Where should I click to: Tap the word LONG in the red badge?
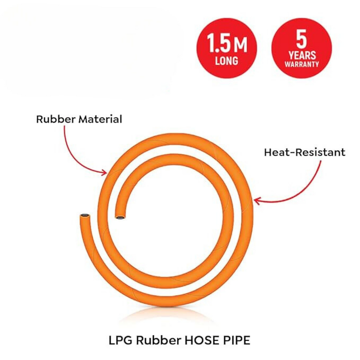click(x=226, y=61)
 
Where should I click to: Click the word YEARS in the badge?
click(x=302, y=55)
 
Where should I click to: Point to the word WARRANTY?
click(x=302, y=64)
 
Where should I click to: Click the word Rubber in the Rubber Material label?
click(x=55, y=119)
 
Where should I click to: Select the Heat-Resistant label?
click(x=305, y=152)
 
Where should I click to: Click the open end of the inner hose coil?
click(x=120, y=217)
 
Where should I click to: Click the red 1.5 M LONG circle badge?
click(x=227, y=48)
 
